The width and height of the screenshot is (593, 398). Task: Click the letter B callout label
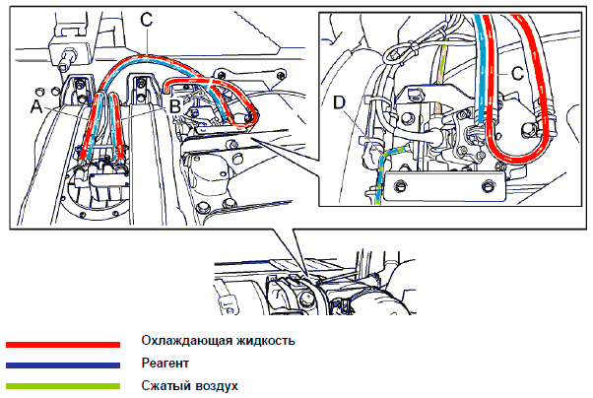click(x=173, y=102)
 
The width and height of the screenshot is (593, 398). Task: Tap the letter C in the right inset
click(x=516, y=72)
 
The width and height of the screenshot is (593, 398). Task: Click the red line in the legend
click(x=62, y=345)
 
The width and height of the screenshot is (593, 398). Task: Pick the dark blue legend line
click(x=62, y=365)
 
